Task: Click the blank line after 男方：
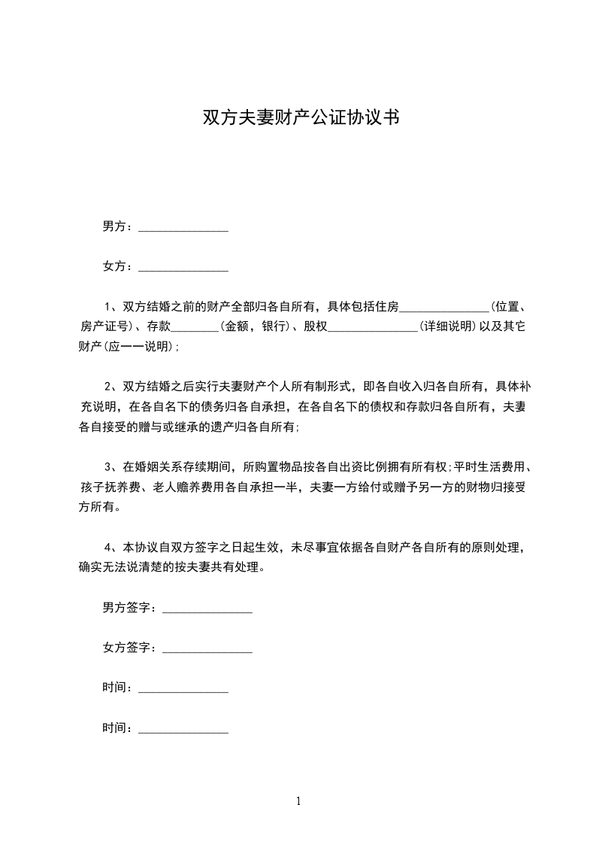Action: (183, 228)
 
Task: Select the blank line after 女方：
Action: (183, 268)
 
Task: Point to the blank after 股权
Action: (374, 328)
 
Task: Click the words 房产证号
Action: (104, 327)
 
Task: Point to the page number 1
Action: (298, 801)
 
